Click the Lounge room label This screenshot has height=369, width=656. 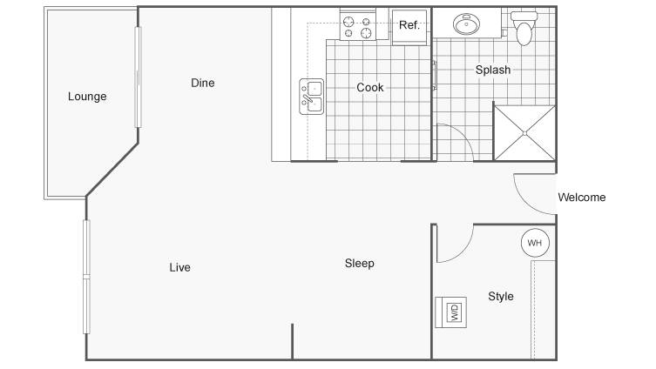pyautogui.click(x=87, y=97)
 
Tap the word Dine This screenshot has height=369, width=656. pyautogui.click(x=202, y=83)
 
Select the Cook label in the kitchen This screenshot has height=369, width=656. pyautogui.click(x=370, y=87)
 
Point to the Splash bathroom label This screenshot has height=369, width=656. pyautogui.click(x=493, y=70)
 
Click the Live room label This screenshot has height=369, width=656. pyautogui.click(x=179, y=267)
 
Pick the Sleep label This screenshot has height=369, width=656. pyautogui.click(x=360, y=264)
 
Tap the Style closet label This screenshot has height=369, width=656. pyautogui.click(x=501, y=296)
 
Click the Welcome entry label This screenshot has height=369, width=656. pyautogui.click(x=582, y=198)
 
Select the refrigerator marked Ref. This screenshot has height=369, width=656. pyautogui.click(x=409, y=27)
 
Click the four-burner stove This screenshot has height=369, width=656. pyautogui.click(x=358, y=26)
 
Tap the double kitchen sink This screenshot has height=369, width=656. pyautogui.click(x=312, y=97)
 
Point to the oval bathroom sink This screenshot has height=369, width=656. pyautogui.click(x=466, y=23)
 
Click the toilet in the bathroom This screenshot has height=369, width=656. pyautogui.click(x=524, y=28)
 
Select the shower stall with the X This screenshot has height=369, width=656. pyautogui.click(x=524, y=133)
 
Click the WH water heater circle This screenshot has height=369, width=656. pyautogui.click(x=535, y=243)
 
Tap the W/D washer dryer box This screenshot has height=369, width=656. pyautogui.click(x=451, y=312)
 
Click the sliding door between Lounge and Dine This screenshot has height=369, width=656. pyautogui.click(x=138, y=77)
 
